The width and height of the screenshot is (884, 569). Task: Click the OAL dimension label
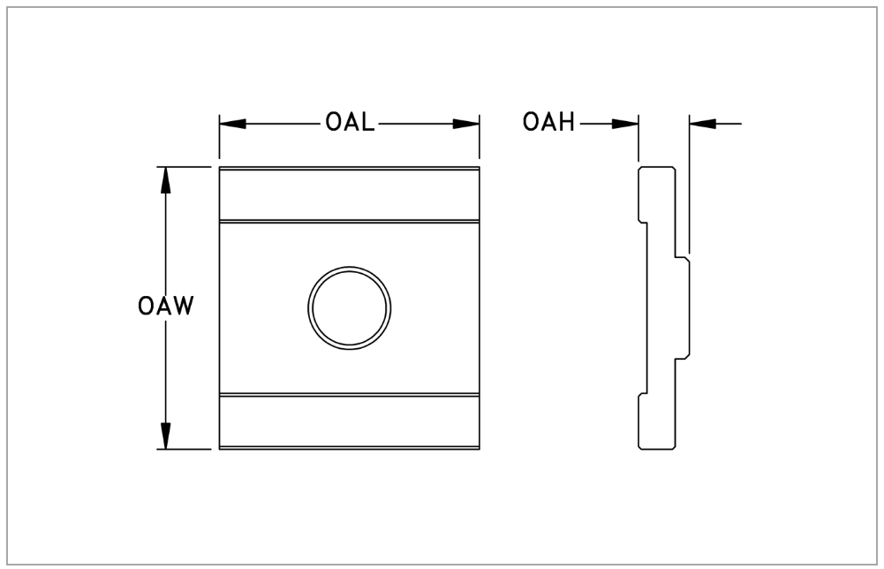(350, 123)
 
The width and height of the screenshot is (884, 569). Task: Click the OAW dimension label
(166, 306)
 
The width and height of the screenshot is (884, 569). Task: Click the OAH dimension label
(548, 122)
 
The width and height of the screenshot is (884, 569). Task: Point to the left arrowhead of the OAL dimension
(233, 124)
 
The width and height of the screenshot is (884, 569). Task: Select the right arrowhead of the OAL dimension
(466, 124)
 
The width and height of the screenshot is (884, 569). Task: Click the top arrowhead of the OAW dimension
(165, 180)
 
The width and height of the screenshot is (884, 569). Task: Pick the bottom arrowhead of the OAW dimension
(165, 436)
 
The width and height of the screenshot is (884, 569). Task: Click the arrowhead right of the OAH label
(625, 123)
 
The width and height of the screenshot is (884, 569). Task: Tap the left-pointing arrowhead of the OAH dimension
(702, 123)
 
